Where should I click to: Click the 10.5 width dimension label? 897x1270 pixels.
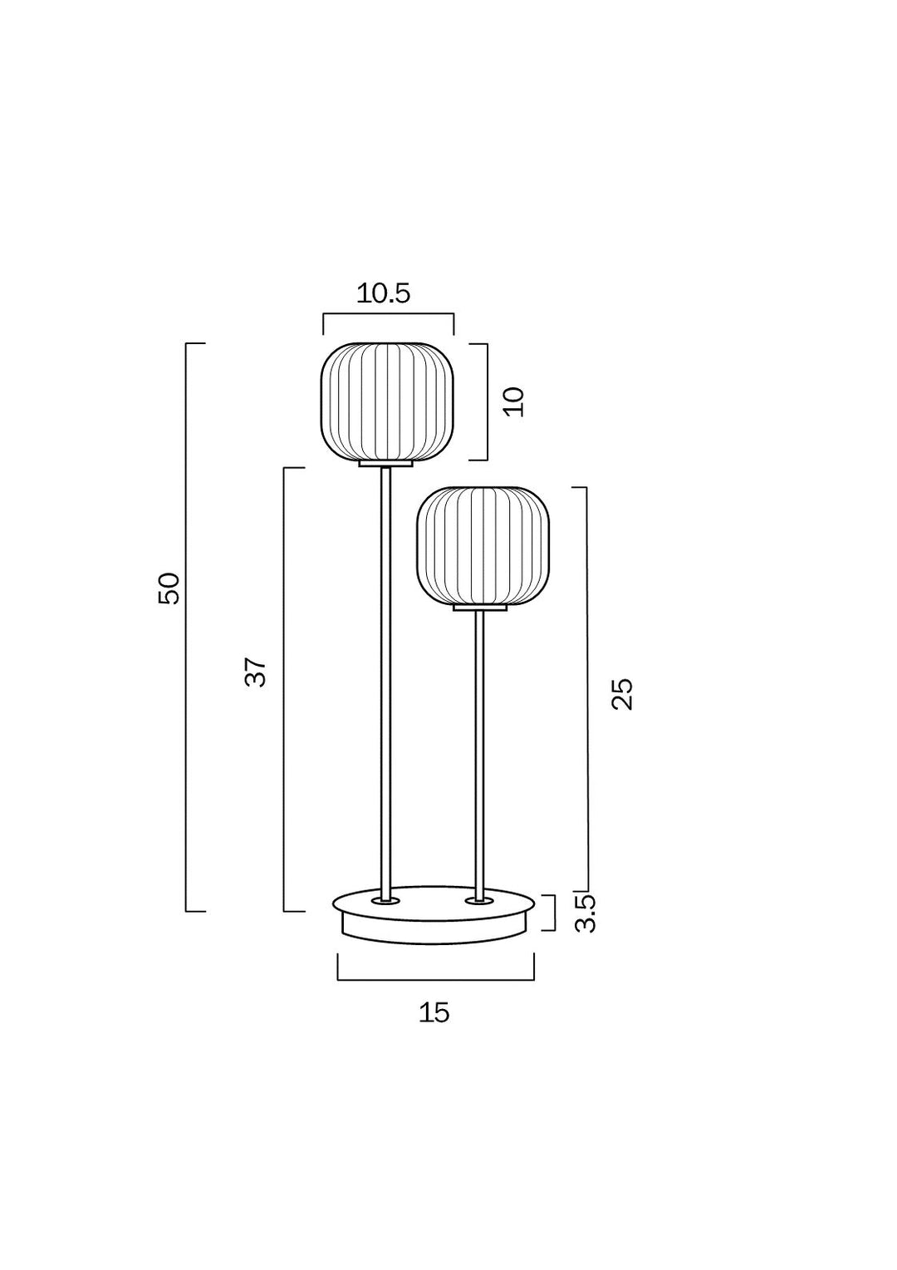click(x=383, y=293)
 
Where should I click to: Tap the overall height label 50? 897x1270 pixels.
click(x=169, y=588)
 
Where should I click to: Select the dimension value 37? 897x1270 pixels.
click(x=256, y=672)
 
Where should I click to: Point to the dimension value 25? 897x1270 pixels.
click(x=621, y=693)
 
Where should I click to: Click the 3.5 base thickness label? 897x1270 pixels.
click(x=586, y=929)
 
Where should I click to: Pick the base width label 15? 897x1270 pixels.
click(x=434, y=1012)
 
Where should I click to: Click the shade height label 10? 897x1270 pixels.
click(x=514, y=402)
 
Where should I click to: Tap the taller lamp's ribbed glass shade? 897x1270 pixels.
click(x=388, y=402)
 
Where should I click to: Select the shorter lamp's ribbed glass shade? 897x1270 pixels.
click(x=483, y=546)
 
